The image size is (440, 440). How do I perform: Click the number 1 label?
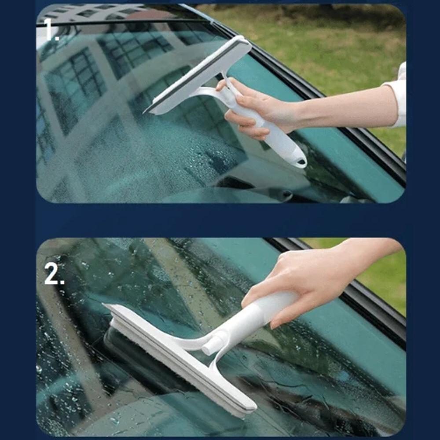[x=51, y=30]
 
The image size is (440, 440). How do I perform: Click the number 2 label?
[x=54, y=273]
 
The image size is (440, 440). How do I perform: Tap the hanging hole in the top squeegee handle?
[x=301, y=161]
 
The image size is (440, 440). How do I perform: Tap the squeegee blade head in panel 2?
[x=180, y=356]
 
